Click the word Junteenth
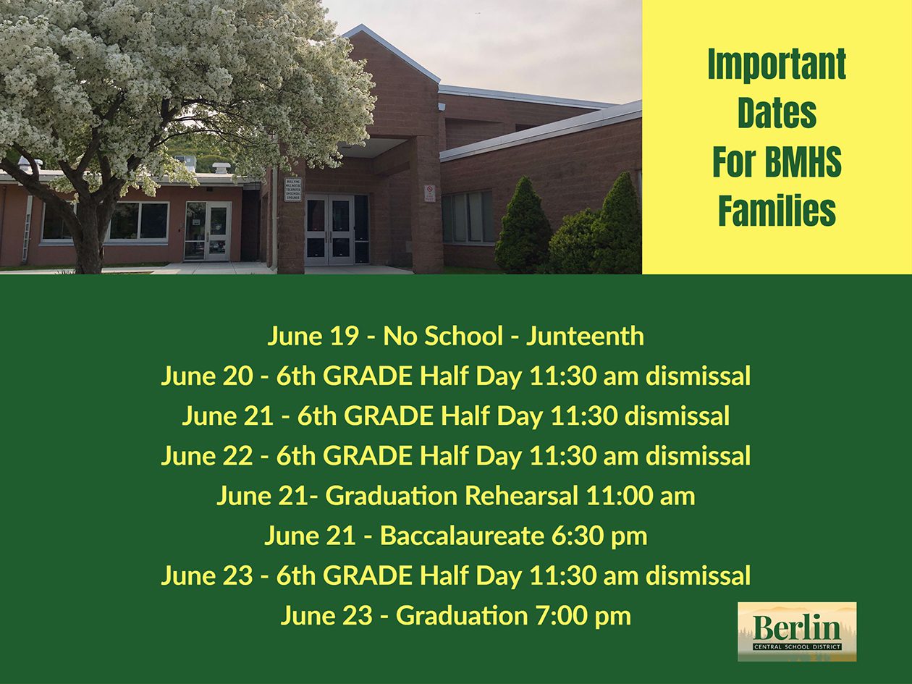click(585, 336)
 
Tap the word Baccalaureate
click(462, 536)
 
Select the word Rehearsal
click(521, 496)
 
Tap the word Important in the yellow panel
click(777, 64)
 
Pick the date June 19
click(313, 336)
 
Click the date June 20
click(206, 376)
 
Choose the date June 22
click(206, 456)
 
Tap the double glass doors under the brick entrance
click(330, 230)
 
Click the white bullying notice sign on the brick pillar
click(294, 190)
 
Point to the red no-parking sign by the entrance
click(430, 193)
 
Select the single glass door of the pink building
click(218, 232)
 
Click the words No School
click(443, 336)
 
